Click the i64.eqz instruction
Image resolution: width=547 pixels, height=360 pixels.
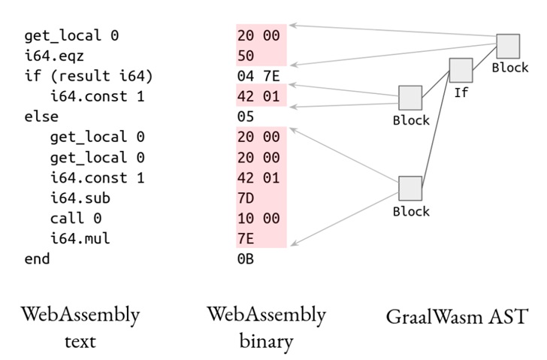pyautogui.click(x=54, y=56)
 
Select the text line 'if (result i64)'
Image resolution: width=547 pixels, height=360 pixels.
pyautogui.click(x=89, y=76)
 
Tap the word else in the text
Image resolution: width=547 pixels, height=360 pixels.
pyautogui.click(x=41, y=116)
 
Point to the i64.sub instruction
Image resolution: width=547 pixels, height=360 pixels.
pyautogui.click(x=80, y=198)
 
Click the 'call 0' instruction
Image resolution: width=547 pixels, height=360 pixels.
pyautogui.click(x=76, y=219)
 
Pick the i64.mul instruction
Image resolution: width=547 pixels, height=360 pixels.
pyautogui.click(x=80, y=238)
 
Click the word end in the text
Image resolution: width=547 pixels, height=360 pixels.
pyautogui.click(x=37, y=259)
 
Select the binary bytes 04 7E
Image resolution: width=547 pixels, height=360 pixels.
pyautogui.click(x=258, y=76)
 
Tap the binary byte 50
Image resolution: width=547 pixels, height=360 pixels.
pyautogui.click(x=246, y=56)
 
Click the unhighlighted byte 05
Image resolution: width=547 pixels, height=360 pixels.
pyautogui.click(x=246, y=116)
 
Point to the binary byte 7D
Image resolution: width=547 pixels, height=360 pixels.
pyautogui.click(x=246, y=198)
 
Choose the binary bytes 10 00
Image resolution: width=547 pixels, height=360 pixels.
pyautogui.click(x=258, y=219)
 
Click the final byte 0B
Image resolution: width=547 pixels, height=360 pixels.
pyautogui.click(x=246, y=259)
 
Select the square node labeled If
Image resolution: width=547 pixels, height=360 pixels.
pyautogui.click(x=461, y=70)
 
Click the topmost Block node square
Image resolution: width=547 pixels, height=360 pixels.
pyautogui.click(x=508, y=46)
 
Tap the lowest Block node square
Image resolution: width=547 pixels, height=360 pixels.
pyautogui.click(x=410, y=189)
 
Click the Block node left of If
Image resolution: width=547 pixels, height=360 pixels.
pyautogui.click(x=410, y=98)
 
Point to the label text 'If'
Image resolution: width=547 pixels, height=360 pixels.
pyautogui.click(x=461, y=92)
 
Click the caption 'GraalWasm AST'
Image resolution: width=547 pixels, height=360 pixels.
pyautogui.click(x=457, y=316)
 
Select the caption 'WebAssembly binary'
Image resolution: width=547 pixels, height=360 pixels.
pyautogui.click(x=266, y=328)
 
